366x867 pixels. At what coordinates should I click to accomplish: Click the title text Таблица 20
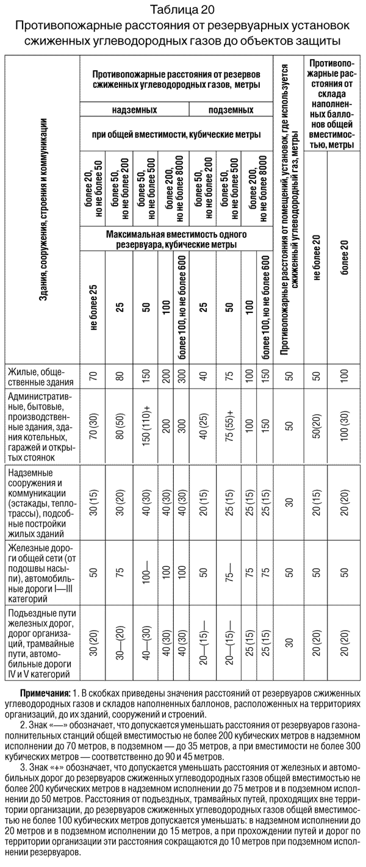coord(183,9)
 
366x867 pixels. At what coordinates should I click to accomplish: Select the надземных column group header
coord(134,111)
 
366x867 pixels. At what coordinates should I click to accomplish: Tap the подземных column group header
coord(231,111)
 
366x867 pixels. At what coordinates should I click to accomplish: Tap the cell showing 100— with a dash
coord(146,573)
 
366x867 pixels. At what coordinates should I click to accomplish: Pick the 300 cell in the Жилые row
coord(181,377)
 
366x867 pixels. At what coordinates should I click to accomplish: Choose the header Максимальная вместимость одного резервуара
coord(176,239)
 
